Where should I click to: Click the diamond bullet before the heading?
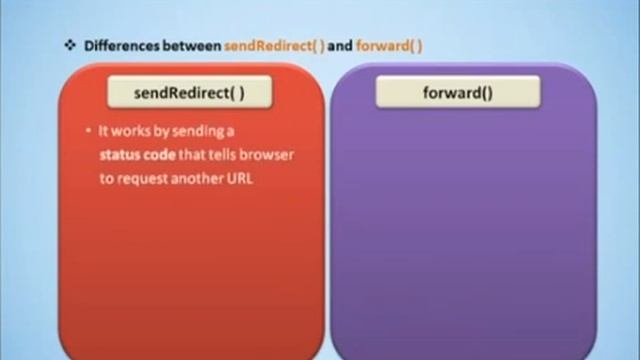(x=69, y=45)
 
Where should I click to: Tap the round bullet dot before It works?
(x=90, y=132)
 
